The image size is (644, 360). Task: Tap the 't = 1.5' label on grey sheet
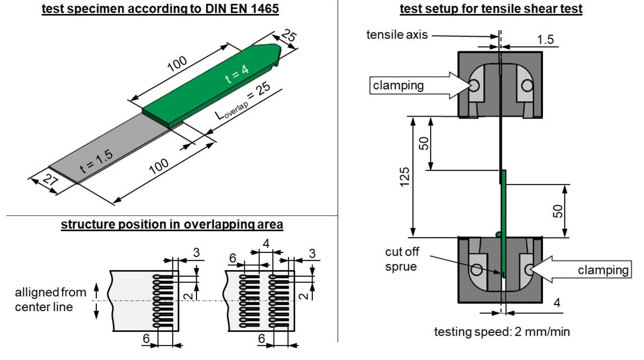coord(96,161)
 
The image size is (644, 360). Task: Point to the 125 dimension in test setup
coord(404,177)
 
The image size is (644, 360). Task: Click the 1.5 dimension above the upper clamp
coord(545,39)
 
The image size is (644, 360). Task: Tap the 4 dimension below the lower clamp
coord(557,303)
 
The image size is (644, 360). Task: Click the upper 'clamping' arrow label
coord(398,85)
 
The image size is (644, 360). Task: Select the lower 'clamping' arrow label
coord(603,270)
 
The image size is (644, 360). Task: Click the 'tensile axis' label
coord(397,35)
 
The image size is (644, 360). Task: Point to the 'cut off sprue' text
coord(402,259)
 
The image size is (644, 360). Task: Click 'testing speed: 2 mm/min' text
coord(502,332)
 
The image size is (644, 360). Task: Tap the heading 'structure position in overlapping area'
coord(172,224)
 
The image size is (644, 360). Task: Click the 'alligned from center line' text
coord(50,299)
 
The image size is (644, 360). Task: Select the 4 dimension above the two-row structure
coord(266,244)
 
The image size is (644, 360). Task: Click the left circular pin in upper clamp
coord(474,86)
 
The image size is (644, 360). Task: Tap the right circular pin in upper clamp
coord(527,86)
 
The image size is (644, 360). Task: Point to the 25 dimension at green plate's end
coord(289,36)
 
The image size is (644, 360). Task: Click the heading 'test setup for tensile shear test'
coord(491,8)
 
